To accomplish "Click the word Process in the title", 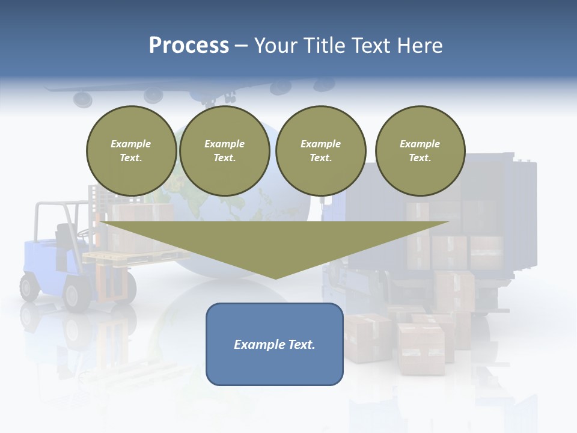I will [x=189, y=46].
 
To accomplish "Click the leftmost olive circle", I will [x=131, y=151].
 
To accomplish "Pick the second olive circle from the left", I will [x=224, y=151].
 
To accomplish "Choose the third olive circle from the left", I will [x=320, y=151].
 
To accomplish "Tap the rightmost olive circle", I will [x=420, y=151].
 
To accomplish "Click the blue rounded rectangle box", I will [x=274, y=344].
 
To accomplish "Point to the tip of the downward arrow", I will [x=275, y=277].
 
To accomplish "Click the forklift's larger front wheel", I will [x=77, y=295].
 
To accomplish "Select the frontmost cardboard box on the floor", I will [x=421, y=349].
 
